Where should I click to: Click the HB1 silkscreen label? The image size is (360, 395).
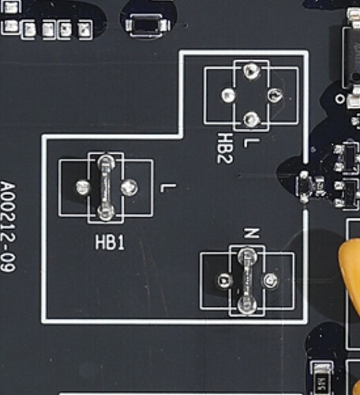110,243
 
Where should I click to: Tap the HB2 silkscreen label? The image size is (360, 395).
225,148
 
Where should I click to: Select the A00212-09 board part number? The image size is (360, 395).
8,227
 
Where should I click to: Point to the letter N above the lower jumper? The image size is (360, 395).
252,233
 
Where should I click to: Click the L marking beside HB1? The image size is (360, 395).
168,188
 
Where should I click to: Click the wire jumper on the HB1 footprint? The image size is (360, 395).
106,187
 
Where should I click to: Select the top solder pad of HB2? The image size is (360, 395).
252,70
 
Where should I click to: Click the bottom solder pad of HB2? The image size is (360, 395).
252,120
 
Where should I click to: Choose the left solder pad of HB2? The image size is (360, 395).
228,95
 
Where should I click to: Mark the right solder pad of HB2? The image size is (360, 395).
276,95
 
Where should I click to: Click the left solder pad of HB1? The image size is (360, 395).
83,187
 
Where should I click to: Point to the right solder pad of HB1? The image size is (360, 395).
129,187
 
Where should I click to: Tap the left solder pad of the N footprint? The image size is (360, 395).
225,280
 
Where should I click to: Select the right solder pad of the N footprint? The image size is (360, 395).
271,280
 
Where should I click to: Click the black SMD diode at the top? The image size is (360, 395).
148,26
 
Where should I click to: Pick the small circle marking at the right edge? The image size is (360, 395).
340,99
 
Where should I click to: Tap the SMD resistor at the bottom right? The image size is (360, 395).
322,380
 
